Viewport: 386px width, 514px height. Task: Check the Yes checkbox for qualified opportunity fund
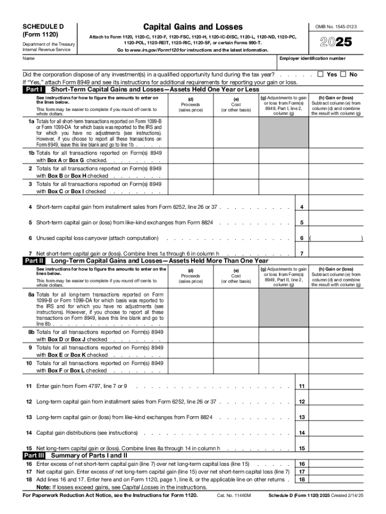coord(321,74)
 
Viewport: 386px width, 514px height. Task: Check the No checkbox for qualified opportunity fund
coord(343,74)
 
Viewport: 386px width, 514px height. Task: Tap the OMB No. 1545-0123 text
coord(336,27)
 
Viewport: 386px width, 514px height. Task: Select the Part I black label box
coord(34,89)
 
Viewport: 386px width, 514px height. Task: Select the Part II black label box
coord(34,261)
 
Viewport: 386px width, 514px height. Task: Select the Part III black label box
coord(34,456)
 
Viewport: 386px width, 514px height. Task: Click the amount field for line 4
coord(336,207)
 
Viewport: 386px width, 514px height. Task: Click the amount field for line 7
coord(336,253)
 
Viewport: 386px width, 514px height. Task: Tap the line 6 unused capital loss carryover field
coord(336,238)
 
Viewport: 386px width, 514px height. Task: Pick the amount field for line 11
coord(336,386)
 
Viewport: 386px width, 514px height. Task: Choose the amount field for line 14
coord(336,433)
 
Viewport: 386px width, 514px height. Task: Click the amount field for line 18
coord(336,479)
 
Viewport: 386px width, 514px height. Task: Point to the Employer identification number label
coord(312,59)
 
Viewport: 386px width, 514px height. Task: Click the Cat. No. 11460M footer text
coord(234,495)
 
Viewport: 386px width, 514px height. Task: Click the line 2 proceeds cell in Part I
coord(190,172)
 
